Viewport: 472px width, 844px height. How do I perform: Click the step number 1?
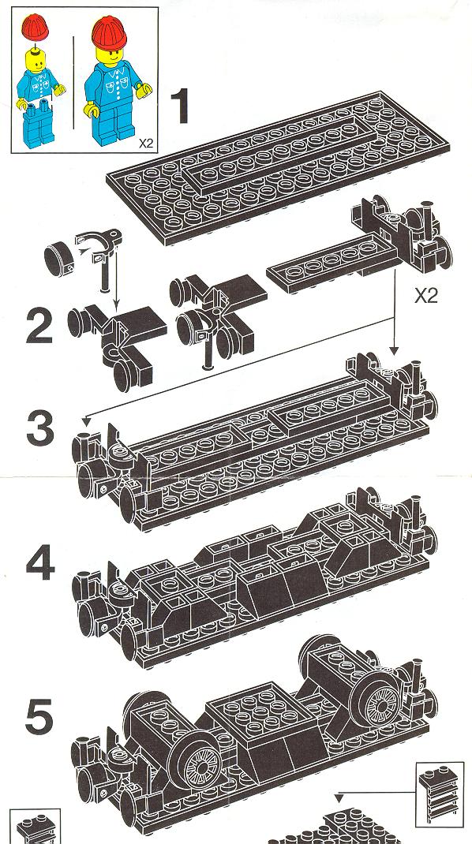(180, 106)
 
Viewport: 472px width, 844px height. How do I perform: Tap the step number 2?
(39, 326)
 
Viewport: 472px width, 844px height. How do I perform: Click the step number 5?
(39, 717)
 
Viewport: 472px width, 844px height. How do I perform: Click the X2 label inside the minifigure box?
(146, 144)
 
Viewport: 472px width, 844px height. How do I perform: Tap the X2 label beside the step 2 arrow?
(425, 296)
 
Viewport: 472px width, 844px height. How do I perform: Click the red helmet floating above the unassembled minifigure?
(35, 26)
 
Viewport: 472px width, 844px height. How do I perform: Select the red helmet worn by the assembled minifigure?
(109, 32)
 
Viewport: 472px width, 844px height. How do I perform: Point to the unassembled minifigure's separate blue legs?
(36, 125)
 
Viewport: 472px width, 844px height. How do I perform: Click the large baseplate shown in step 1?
(279, 167)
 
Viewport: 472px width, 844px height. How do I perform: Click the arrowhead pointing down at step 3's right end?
(394, 351)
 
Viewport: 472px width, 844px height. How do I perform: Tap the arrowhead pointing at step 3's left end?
(87, 420)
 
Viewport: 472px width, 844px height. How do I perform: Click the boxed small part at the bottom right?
(440, 794)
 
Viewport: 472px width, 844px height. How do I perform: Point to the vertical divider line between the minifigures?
(74, 82)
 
